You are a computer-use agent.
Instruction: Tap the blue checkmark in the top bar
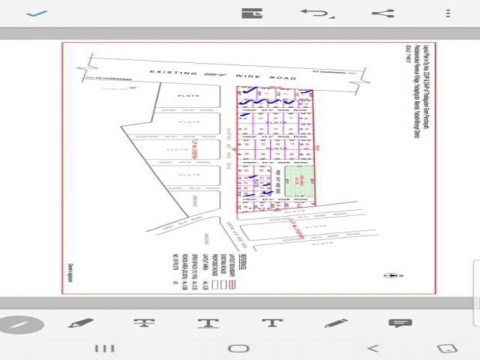click(37, 14)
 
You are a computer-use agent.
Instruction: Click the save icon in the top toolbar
click(252, 14)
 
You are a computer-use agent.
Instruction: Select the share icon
click(383, 14)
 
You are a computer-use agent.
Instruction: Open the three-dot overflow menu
click(448, 14)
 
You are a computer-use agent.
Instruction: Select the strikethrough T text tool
click(144, 323)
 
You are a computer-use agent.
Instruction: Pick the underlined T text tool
click(208, 323)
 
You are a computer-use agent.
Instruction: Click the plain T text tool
click(272, 322)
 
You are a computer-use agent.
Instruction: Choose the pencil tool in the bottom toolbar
click(336, 323)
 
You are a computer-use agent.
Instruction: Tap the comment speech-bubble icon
click(400, 323)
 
